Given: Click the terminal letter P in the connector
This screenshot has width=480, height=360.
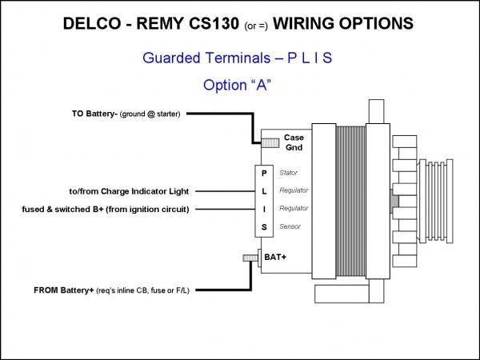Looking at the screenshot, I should [x=265, y=173].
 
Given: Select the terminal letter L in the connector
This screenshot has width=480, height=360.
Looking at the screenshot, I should [x=265, y=191].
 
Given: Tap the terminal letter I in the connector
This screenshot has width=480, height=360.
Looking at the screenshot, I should [x=265, y=210].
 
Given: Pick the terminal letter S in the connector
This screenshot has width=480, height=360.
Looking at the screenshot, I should [x=265, y=228].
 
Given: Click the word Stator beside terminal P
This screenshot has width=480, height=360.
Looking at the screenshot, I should [x=289, y=173].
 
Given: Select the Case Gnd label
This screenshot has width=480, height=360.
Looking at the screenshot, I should [x=294, y=142].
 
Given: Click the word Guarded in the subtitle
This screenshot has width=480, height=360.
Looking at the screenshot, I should [x=171, y=58].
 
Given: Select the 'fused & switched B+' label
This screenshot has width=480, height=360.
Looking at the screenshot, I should [x=106, y=210].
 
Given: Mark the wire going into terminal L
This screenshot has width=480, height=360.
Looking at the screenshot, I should [x=224, y=191].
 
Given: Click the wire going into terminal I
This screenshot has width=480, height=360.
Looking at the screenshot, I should [x=224, y=210].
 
